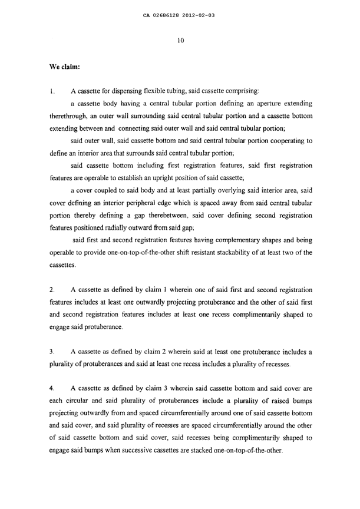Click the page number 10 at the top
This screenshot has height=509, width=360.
tap(181, 41)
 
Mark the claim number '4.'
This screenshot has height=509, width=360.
tap(52, 389)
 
